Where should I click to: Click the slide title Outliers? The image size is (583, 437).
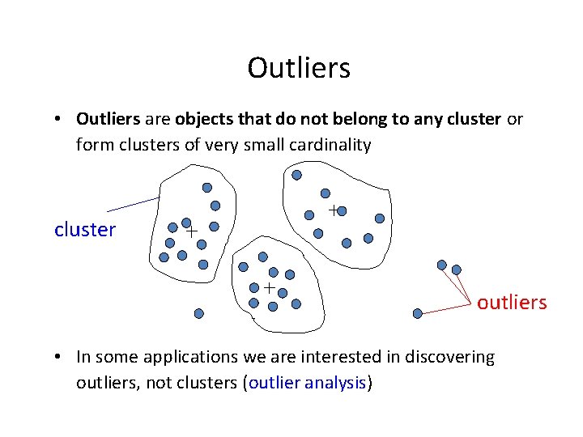[299, 68]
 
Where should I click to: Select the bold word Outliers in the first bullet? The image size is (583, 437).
[108, 120]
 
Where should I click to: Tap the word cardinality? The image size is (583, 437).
[333, 146]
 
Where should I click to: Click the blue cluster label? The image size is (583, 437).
[85, 230]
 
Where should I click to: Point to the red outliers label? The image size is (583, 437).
[512, 303]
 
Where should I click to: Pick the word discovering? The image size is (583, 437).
[449, 357]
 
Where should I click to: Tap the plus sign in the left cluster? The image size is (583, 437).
[192, 231]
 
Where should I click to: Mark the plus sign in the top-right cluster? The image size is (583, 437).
[333, 210]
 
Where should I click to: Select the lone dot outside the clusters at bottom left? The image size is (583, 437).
[199, 313]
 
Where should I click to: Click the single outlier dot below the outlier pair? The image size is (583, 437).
[418, 313]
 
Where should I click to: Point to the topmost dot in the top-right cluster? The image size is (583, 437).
[296, 175]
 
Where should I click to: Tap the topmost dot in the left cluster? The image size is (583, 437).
[207, 187]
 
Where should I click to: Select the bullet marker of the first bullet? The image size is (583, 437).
[61, 120]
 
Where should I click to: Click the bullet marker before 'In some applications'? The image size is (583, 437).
[61, 357]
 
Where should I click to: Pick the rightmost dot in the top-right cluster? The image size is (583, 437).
[380, 218]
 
